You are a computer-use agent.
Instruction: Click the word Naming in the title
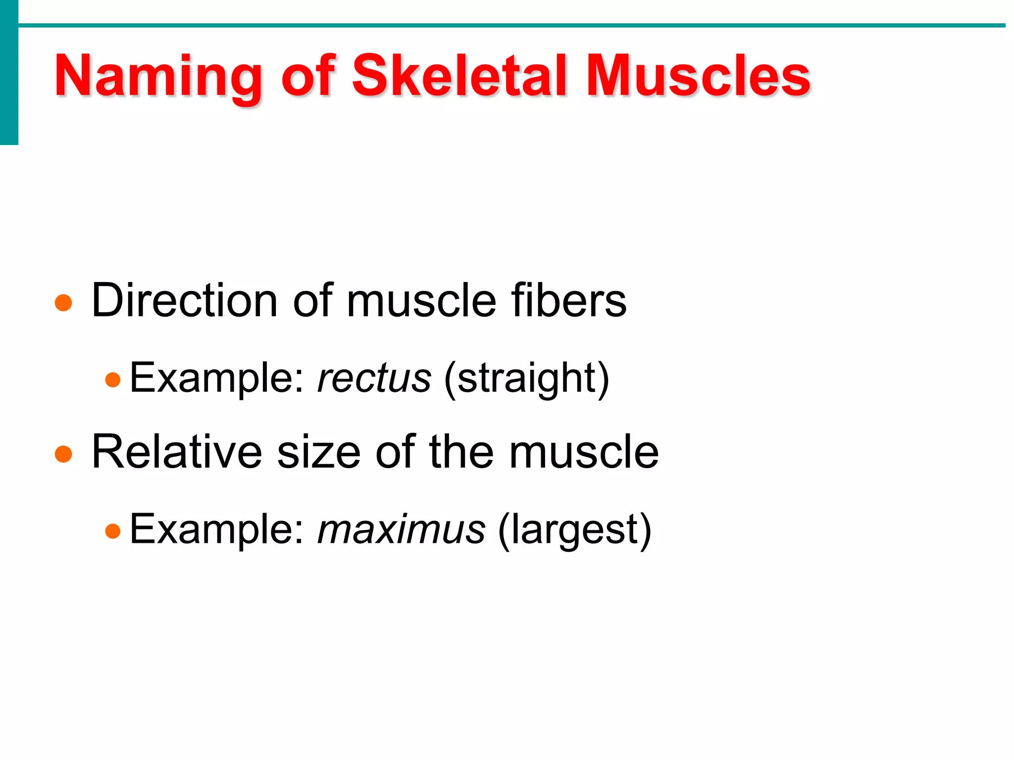point(157,77)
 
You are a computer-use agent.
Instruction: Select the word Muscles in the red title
point(698,77)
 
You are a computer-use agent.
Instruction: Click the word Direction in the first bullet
point(185,301)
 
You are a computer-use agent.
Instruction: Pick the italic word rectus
point(374,379)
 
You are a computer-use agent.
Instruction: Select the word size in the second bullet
point(318,452)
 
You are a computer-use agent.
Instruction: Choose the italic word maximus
point(401,529)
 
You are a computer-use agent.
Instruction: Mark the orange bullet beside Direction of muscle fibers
point(63,303)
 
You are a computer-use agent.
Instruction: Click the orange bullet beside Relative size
point(63,454)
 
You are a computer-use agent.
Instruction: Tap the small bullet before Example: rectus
point(113,380)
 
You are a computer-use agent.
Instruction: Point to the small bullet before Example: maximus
point(113,531)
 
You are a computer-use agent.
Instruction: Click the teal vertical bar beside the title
point(9,72)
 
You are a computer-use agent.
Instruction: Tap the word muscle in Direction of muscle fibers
point(421,301)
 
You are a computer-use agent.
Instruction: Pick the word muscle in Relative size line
point(584,452)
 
